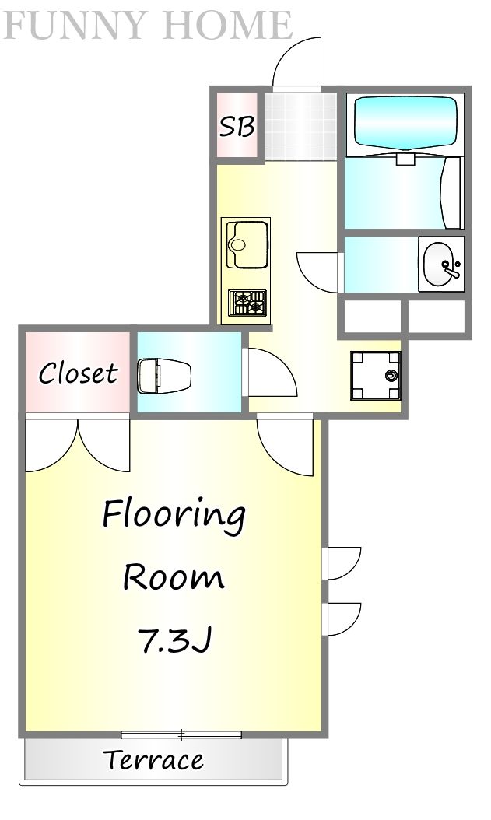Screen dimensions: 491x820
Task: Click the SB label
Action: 237,126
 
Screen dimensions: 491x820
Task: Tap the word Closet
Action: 78,373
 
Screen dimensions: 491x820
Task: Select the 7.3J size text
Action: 174,640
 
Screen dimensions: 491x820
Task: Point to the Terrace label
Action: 154,760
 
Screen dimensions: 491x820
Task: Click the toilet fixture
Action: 164,374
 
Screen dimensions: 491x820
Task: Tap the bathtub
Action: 405,122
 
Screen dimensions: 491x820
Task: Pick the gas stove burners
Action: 247,303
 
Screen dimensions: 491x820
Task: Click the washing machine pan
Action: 375,376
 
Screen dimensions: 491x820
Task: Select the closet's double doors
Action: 77,444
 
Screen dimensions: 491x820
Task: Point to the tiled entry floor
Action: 300,126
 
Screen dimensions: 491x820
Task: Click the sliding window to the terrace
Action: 181,734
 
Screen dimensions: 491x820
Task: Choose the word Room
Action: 174,576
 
